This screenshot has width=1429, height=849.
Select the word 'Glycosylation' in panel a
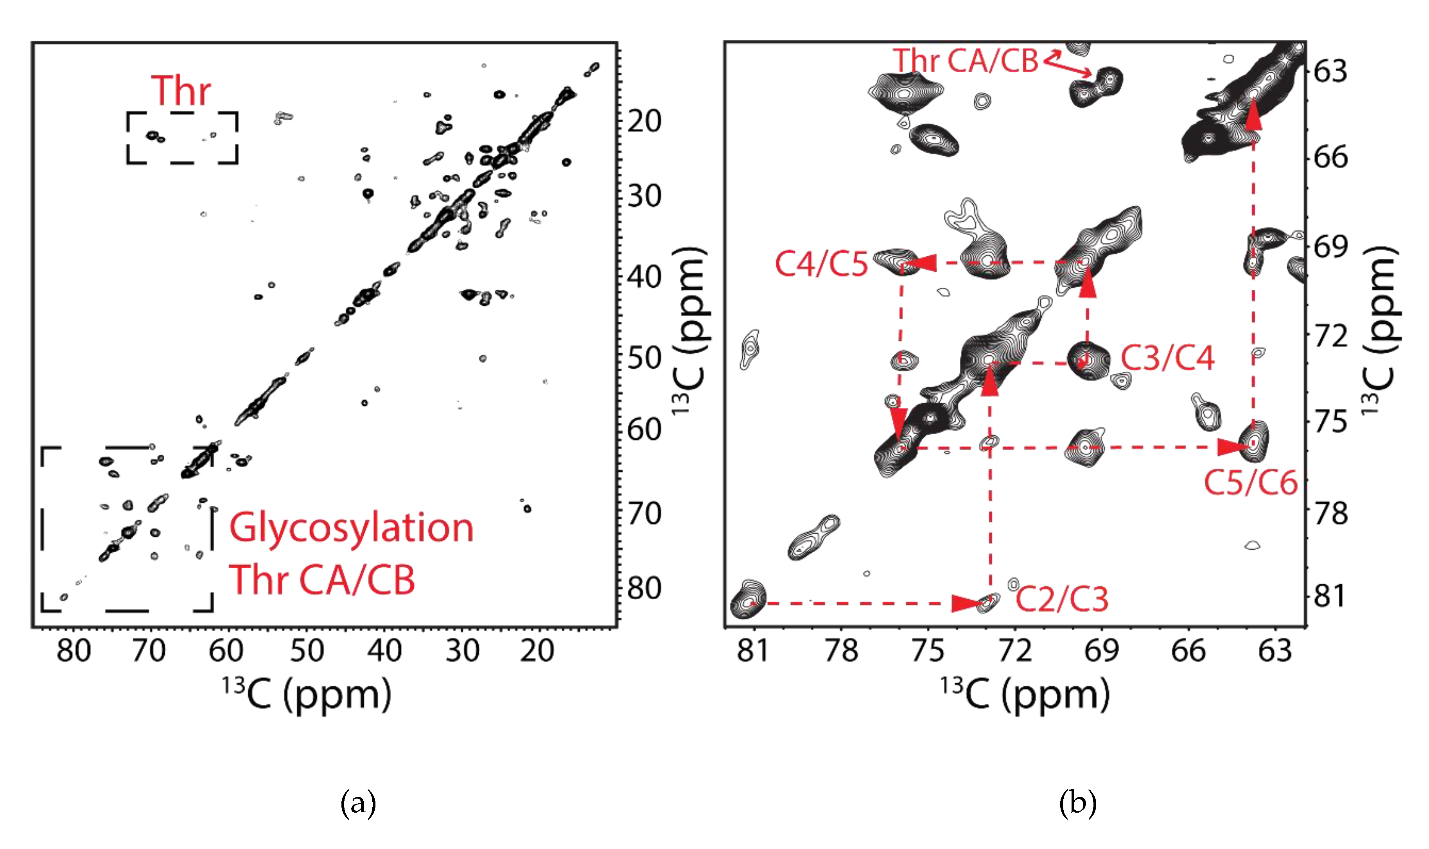(352, 528)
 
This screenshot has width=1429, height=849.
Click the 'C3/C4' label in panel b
(1167, 359)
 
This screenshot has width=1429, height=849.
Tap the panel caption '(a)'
(358, 803)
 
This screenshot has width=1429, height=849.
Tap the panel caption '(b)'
(1077, 803)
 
